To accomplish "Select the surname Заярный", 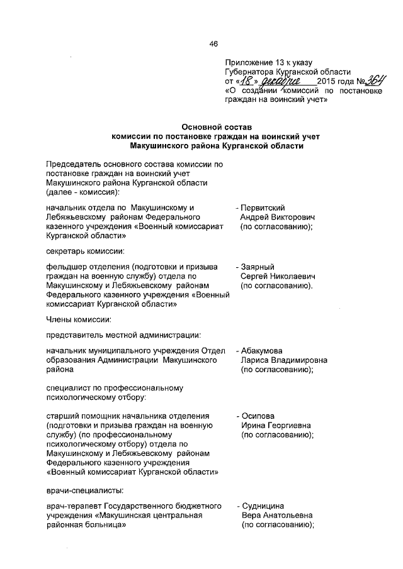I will pyautogui.click(x=259, y=267).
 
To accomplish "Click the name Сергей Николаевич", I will pyautogui.click(x=277, y=277).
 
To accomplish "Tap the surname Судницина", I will pyautogui.click(x=264, y=505).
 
